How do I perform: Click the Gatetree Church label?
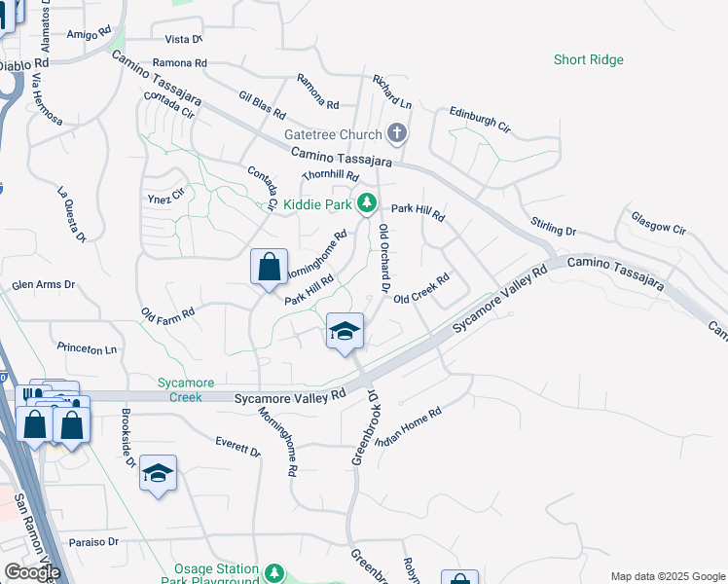[332, 134]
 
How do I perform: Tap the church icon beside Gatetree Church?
[396, 133]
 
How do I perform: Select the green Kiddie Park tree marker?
[367, 203]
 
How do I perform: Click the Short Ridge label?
[589, 60]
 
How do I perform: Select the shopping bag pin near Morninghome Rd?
[270, 268]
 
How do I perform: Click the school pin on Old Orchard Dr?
[344, 332]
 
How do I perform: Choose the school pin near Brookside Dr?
[158, 473]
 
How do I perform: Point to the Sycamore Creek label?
[180, 389]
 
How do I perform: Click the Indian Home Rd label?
[410, 426]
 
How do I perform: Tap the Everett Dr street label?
[237, 447]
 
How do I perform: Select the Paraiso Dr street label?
[93, 541]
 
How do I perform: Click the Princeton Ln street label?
[87, 347]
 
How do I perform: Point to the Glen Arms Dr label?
[43, 285]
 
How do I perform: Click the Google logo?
[32, 572]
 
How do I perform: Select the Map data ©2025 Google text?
[668, 576]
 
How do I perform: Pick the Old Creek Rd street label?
[421, 288]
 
